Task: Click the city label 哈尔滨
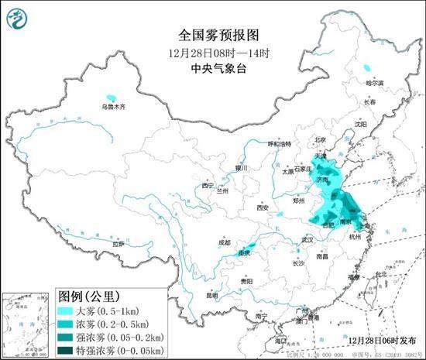click(x=374, y=82)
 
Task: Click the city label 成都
click(x=224, y=242)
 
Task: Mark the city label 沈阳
click(x=360, y=124)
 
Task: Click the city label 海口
click(x=279, y=340)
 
